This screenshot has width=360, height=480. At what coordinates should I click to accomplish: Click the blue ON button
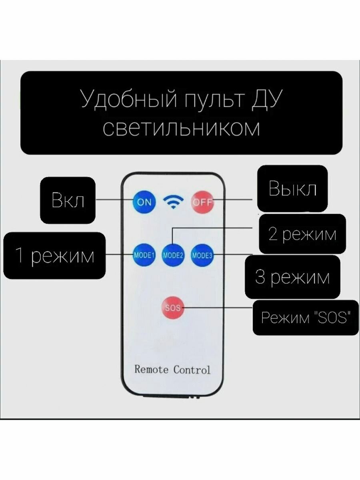click(x=144, y=202)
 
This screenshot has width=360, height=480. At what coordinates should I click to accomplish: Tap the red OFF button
click(x=202, y=202)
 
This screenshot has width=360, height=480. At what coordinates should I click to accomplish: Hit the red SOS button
click(x=173, y=308)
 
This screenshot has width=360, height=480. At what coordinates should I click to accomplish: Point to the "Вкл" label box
click(x=68, y=200)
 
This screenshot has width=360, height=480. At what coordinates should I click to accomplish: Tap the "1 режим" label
click(x=54, y=255)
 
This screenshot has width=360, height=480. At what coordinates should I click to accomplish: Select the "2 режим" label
click(x=302, y=234)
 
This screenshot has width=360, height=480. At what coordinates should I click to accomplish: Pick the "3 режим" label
click(x=292, y=277)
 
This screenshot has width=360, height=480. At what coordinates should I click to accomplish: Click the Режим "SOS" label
click(x=306, y=318)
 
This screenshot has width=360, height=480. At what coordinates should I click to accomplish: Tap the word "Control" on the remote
click(x=192, y=370)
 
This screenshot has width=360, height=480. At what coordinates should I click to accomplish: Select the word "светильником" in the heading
click(x=181, y=129)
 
